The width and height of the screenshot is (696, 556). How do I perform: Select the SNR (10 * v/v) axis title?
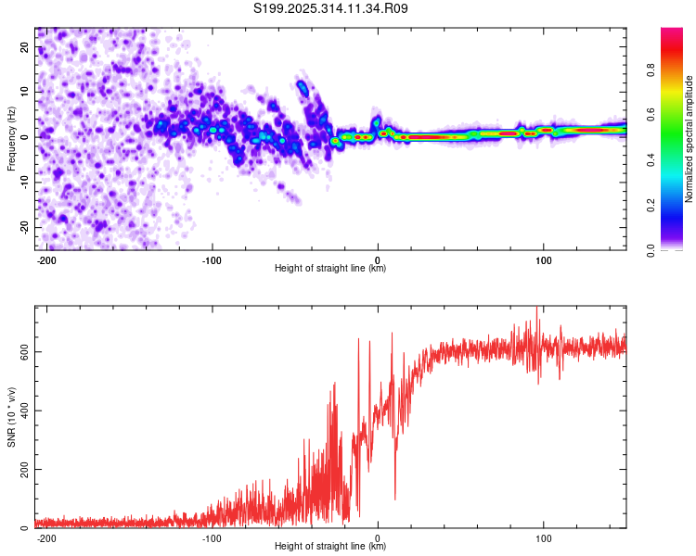12,417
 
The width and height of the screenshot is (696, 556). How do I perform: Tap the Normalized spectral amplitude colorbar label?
690,139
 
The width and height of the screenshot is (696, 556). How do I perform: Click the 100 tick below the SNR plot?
544,536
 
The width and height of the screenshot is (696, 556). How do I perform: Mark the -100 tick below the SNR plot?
212,536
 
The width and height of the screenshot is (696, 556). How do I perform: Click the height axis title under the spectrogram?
330,269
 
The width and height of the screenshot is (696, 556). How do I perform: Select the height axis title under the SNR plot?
330,547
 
